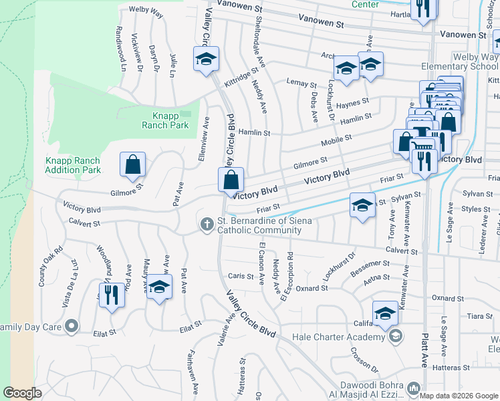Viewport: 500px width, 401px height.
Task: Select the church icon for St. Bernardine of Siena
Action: point(207,225)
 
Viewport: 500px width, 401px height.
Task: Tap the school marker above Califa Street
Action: point(385,314)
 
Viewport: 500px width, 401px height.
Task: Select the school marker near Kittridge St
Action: point(207,60)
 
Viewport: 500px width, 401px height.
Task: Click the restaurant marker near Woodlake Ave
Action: point(112,295)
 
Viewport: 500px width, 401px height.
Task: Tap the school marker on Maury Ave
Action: point(159,288)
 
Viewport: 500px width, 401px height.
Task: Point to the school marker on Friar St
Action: point(362,205)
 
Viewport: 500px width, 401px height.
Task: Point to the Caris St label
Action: point(236,276)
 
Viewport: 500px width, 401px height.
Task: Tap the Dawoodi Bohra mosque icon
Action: point(413,388)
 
